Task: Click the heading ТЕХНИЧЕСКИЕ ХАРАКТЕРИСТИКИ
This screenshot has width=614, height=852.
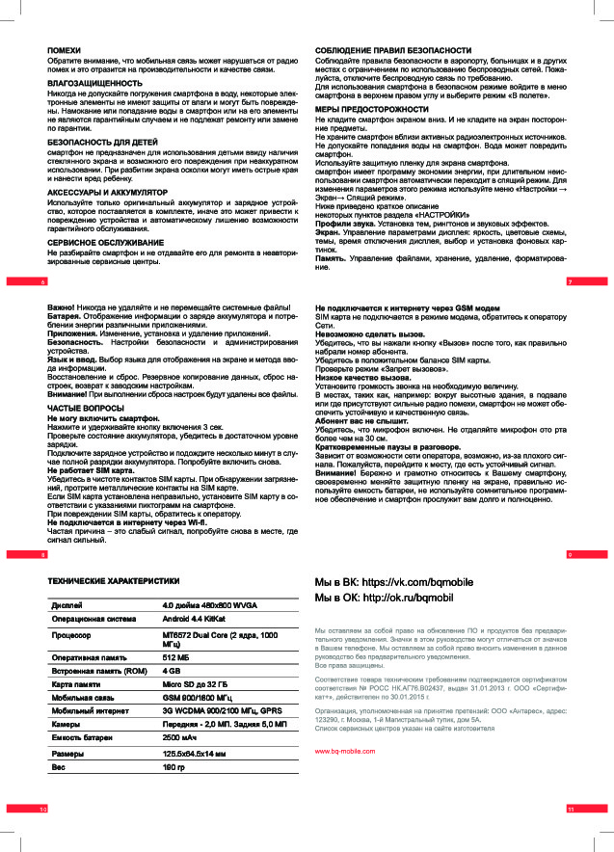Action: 114,581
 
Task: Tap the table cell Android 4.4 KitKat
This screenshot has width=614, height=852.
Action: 195,620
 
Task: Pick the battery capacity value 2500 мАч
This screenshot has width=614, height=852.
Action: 180,737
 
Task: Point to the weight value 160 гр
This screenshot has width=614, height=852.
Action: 173,767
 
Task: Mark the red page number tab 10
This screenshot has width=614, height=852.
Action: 42,808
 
